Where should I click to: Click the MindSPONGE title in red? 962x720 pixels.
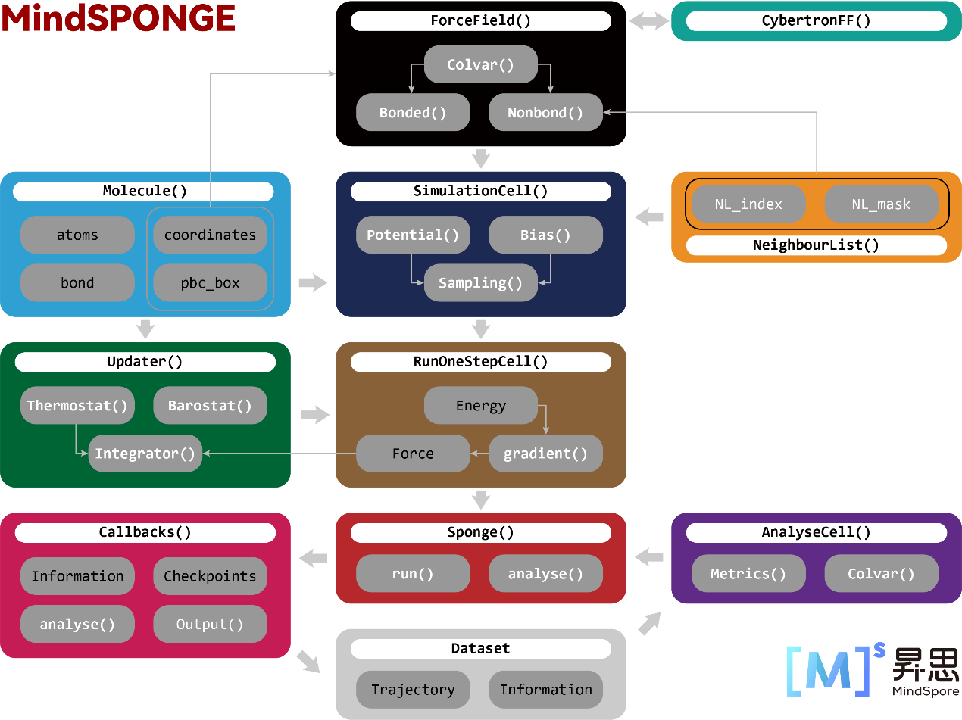click(x=118, y=18)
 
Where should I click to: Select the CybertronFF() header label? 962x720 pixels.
click(x=816, y=20)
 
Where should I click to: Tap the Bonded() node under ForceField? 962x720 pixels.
click(x=413, y=113)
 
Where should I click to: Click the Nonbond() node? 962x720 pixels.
click(x=545, y=113)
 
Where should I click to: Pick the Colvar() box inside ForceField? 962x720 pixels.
click(x=480, y=64)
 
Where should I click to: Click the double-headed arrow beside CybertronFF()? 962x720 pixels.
click(x=648, y=21)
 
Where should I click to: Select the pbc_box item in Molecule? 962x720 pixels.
click(x=210, y=284)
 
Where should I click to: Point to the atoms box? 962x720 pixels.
click(x=77, y=235)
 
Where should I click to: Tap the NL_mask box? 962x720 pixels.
click(x=881, y=204)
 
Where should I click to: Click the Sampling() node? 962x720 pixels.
click(x=480, y=283)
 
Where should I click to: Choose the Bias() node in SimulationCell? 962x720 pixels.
click(x=545, y=235)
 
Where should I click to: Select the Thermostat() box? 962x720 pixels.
click(x=77, y=406)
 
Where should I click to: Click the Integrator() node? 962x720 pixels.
click(x=145, y=454)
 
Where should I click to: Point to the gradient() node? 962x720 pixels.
click(x=545, y=454)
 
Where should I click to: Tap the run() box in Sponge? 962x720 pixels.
click(x=413, y=574)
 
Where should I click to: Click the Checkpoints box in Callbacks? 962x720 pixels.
click(x=210, y=576)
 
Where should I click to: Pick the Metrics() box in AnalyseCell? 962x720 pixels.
click(x=748, y=574)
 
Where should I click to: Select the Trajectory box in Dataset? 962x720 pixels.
click(x=413, y=690)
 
